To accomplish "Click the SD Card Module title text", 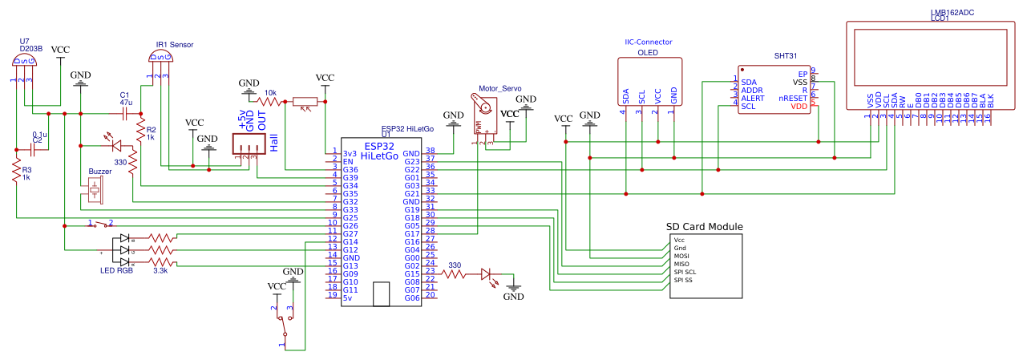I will click(x=705, y=227).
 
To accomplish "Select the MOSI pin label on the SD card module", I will click(x=681, y=256).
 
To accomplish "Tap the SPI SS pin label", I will click(x=684, y=280).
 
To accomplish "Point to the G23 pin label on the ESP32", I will click(x=412, y=161).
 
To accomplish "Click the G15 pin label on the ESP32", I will click(x=412, y=273).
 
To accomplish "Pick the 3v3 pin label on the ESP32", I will click(x=349, y=153).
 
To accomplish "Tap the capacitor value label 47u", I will click(x=125, y=103).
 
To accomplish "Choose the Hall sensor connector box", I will click(x=249, y=144).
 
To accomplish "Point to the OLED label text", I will click(x=647, y=52).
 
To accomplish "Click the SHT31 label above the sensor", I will click(x=786, y=56).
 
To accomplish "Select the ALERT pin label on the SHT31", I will click(x=753, y=98).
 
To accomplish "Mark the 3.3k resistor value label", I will click(x=160, y=271).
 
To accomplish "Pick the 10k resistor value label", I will click(x=270, y=93).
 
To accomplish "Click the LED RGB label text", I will click(x=116, y=271).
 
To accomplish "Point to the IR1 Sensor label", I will click(x=174, y=44).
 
